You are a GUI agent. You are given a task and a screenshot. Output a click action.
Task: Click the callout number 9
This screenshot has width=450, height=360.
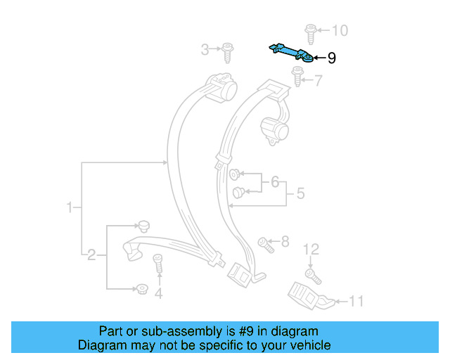332,58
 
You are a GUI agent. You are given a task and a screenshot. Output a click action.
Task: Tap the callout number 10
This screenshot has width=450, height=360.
340,31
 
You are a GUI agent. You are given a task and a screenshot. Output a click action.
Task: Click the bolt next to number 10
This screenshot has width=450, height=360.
310,31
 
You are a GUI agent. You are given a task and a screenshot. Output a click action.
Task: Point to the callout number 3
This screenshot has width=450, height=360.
205,49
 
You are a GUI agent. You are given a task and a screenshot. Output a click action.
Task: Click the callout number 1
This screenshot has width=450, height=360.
70,207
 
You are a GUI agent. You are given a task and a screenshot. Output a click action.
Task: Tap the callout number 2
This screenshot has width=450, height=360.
91,255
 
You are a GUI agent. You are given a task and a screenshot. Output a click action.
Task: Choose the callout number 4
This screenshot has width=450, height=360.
158,294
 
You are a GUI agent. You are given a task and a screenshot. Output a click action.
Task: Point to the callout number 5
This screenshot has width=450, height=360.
300,193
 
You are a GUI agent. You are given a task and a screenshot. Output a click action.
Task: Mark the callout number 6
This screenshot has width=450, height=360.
274,182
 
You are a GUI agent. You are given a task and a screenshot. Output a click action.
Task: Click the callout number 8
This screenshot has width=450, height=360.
285,243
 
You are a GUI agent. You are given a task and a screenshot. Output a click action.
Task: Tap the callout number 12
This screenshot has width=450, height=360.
311,250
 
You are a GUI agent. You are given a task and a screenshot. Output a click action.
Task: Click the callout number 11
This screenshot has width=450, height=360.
357,302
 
